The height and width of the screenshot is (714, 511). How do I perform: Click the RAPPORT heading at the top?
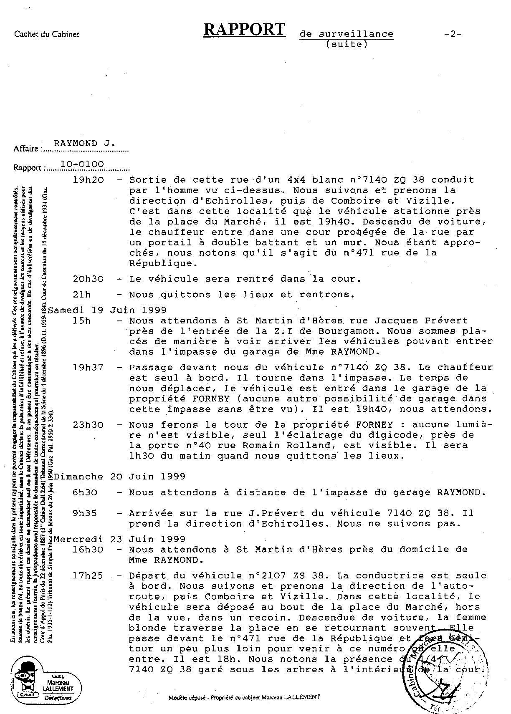coord(245,30)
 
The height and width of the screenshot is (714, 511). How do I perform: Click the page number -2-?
coord(453,34)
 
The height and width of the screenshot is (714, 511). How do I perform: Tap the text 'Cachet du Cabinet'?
coord(47,35)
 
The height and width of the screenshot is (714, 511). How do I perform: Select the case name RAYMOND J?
coord(85,144)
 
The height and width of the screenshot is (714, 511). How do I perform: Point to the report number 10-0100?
coord(82,164)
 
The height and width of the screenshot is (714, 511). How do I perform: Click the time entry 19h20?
coord(88,180)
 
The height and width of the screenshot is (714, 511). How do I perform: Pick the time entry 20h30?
coord(88,279)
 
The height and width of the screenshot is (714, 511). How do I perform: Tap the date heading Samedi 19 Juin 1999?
coord(108,310)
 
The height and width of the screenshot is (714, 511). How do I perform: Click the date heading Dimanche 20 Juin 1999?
coord(120,477)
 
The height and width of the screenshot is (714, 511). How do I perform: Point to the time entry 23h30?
coord(88,425)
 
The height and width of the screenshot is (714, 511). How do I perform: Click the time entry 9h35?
coord(85,513)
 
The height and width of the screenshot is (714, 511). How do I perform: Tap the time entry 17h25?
coord(88,576)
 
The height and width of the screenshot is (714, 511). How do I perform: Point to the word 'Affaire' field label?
coord(26,149)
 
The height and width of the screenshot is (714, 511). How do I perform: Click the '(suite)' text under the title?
coord(346,44)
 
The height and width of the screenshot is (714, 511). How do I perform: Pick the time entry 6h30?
coord(85,492)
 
